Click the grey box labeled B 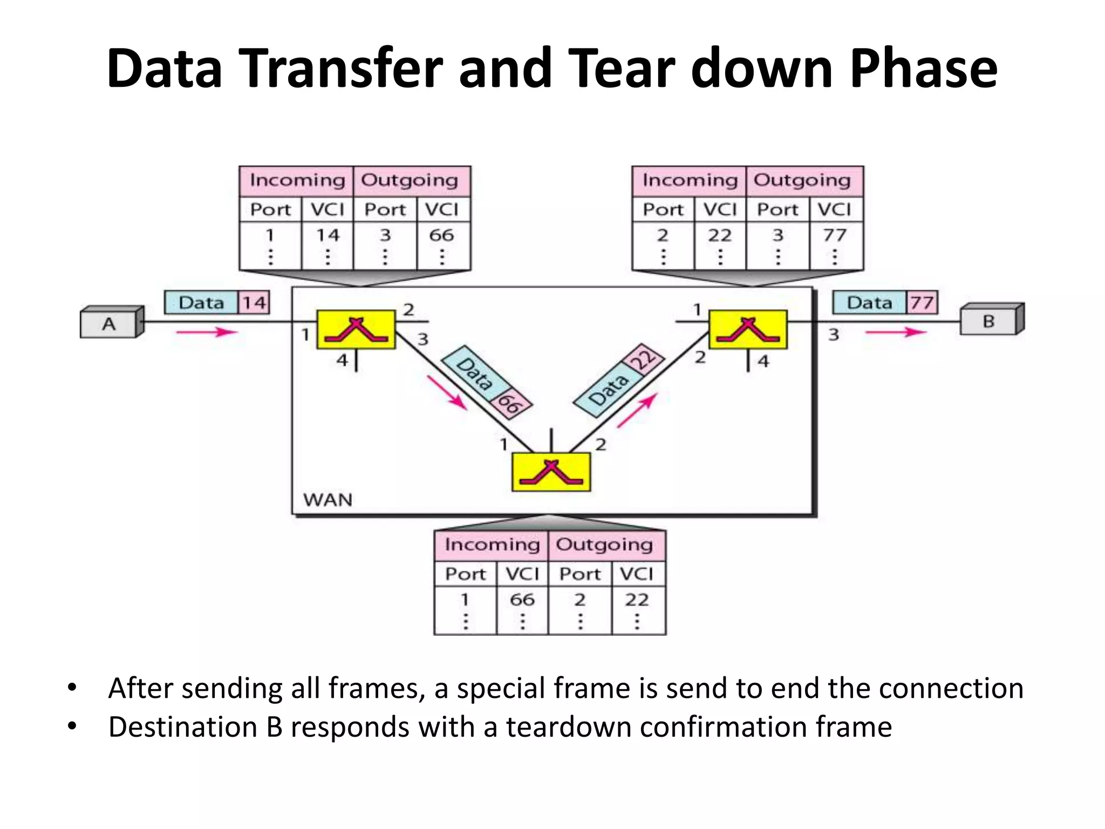(988, 321)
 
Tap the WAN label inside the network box (328, 500)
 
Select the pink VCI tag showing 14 (254, 303)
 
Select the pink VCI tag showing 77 (922, 303)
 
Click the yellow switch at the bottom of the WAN (551, 472)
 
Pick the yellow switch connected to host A (356, 329)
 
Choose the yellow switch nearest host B (748, 329)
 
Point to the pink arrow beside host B (896, 332)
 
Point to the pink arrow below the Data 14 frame (207, 332)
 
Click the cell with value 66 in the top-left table (442, 235)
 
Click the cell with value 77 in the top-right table (835, 235)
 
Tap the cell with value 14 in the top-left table (328, 235)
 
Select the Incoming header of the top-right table (690, 180)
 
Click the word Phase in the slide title (923, 69)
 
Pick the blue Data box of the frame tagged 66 (474, 373)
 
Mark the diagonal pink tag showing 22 (644, 358)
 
